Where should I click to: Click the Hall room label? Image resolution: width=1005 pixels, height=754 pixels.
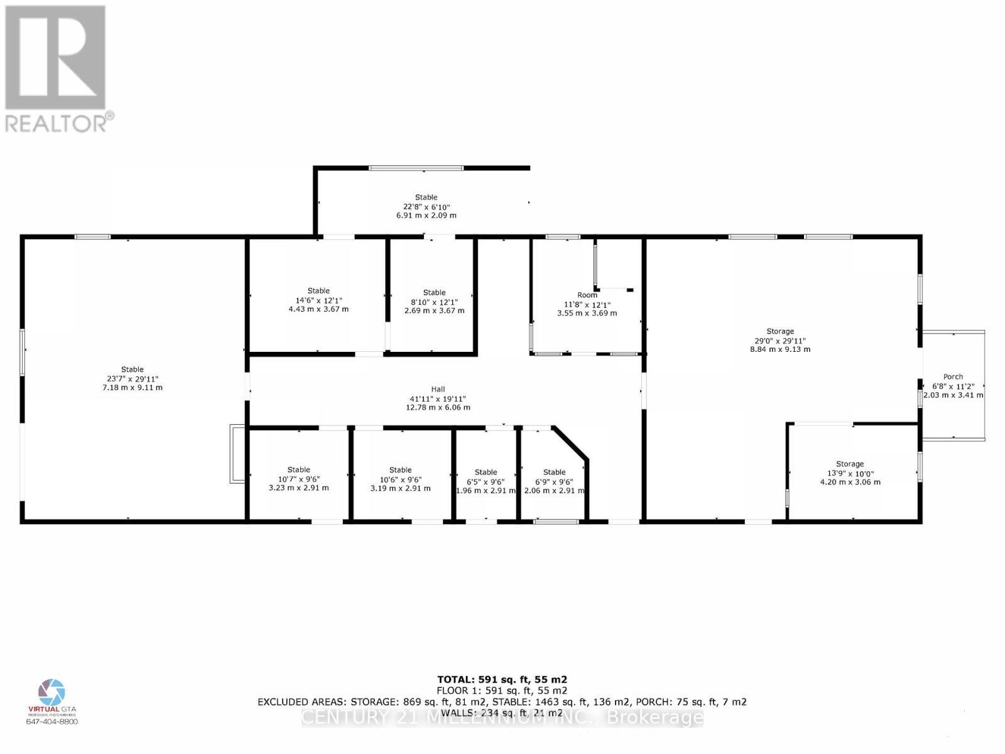click(x=438, y=390)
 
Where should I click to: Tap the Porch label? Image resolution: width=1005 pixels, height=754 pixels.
click(x=953, y=377)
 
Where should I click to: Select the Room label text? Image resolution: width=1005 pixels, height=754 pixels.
click(x=587, y=295)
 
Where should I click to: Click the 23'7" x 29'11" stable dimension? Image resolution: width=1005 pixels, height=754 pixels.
click(x=133, y=379)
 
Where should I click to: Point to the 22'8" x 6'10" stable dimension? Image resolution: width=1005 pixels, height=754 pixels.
click(x=426, y=207)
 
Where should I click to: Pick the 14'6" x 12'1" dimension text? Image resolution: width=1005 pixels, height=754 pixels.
click(x=318, y=300)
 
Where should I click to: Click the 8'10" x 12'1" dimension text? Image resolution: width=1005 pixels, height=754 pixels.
click(x=434, y=302)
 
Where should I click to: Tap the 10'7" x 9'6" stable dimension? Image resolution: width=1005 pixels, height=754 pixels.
click(x=298, y=479)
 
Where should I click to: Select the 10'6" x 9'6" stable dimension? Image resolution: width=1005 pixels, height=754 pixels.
click(x=400, y=479)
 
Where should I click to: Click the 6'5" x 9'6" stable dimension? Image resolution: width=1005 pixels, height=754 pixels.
click(x=486, y=481)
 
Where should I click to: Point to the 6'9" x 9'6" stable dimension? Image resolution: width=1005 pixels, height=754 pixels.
click(x=554, y=481)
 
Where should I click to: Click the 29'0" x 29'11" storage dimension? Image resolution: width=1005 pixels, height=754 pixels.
click(x=780, y=341)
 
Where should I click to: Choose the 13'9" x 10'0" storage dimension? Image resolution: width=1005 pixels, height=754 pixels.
click(x=850, y=474)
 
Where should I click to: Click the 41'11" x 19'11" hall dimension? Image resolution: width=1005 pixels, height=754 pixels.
click(x=438, y=399)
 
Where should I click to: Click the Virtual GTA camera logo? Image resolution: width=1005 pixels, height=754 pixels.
click(x=52, y=692)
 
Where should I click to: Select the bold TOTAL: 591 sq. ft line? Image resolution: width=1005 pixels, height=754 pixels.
click(x=502, y=679)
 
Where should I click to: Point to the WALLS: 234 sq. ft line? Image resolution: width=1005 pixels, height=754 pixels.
click(x=502, y=713)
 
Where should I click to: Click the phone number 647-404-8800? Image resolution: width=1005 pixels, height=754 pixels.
click(x=52, y=721)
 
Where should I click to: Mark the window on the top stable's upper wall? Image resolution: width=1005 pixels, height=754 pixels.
click(x=416, y=168)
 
